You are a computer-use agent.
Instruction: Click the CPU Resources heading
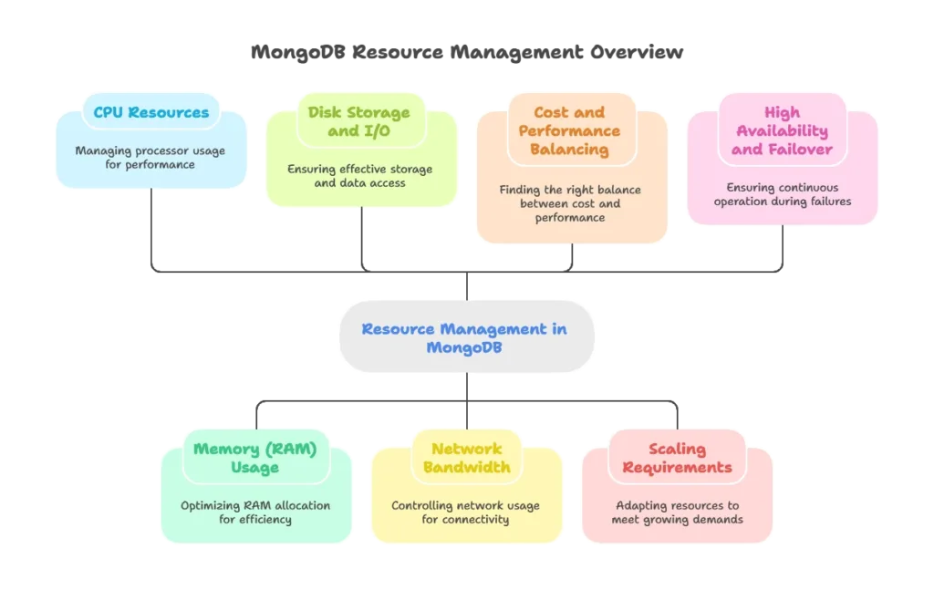point(150,113)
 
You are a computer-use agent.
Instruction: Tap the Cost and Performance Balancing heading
point(569,130)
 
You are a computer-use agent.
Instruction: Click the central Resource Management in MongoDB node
point(464,338)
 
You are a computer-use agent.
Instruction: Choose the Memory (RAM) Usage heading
point(254,458)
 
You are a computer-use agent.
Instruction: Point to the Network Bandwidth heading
point(466,458)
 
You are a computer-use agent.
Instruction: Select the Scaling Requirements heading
point(677,458)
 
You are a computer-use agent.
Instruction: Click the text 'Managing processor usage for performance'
point(150,158)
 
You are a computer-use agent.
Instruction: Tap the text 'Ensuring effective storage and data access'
point(359,176)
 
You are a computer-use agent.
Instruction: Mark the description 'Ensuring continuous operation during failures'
point(783,194)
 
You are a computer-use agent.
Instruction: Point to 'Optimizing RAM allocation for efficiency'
point(255,512)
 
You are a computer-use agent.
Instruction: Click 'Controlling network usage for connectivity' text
point(465,512)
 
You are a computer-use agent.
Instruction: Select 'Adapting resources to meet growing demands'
point(677,512)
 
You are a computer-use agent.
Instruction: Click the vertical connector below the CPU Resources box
point(150,228)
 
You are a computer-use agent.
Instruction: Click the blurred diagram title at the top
point(466,56)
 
